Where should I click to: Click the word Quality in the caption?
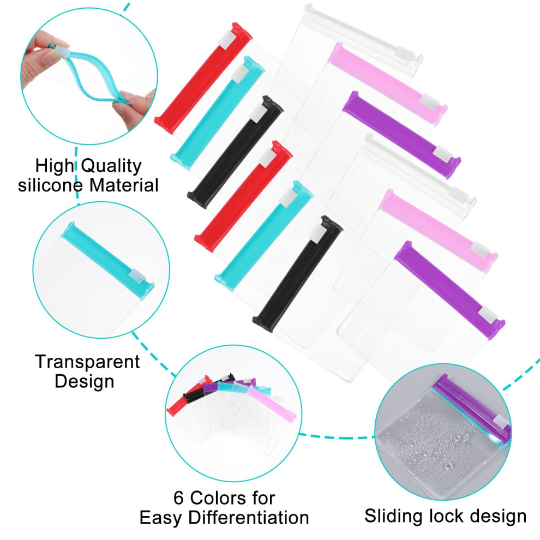pos(112,166)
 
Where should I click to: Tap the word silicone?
pos(50,185)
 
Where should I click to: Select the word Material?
pos(124,185)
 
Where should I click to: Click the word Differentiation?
pos(249,518)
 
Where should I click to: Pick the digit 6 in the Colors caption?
pos(178,498)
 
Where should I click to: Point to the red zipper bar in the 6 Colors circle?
pos(189,396)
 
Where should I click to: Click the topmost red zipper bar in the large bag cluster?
pos(203,78)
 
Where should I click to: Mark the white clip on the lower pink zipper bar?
pos(480,249)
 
